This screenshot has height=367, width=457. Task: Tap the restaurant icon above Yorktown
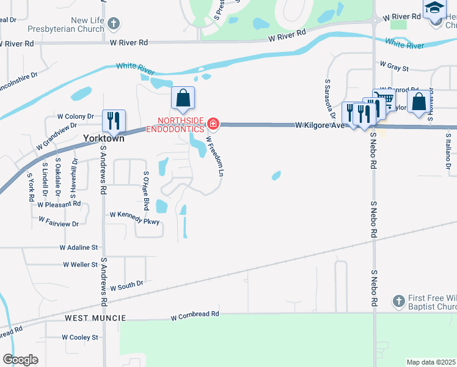pos(113,119)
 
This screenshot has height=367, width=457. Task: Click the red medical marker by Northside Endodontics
pos(213,124)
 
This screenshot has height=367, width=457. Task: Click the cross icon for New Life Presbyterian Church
pos(113,24)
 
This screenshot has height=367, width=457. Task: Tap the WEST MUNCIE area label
pos(95,318)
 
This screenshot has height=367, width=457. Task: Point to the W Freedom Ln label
pos(213,156)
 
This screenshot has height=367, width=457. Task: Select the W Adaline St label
pos(79,248)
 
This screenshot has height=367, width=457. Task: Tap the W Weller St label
pos(80,265)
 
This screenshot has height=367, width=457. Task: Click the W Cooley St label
pos(80,337)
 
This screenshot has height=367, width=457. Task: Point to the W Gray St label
pos(394,64)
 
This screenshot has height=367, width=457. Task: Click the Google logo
pos(20,360)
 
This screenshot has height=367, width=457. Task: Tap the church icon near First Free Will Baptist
pos(398,301)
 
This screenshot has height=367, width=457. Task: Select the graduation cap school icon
pos(435,7)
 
